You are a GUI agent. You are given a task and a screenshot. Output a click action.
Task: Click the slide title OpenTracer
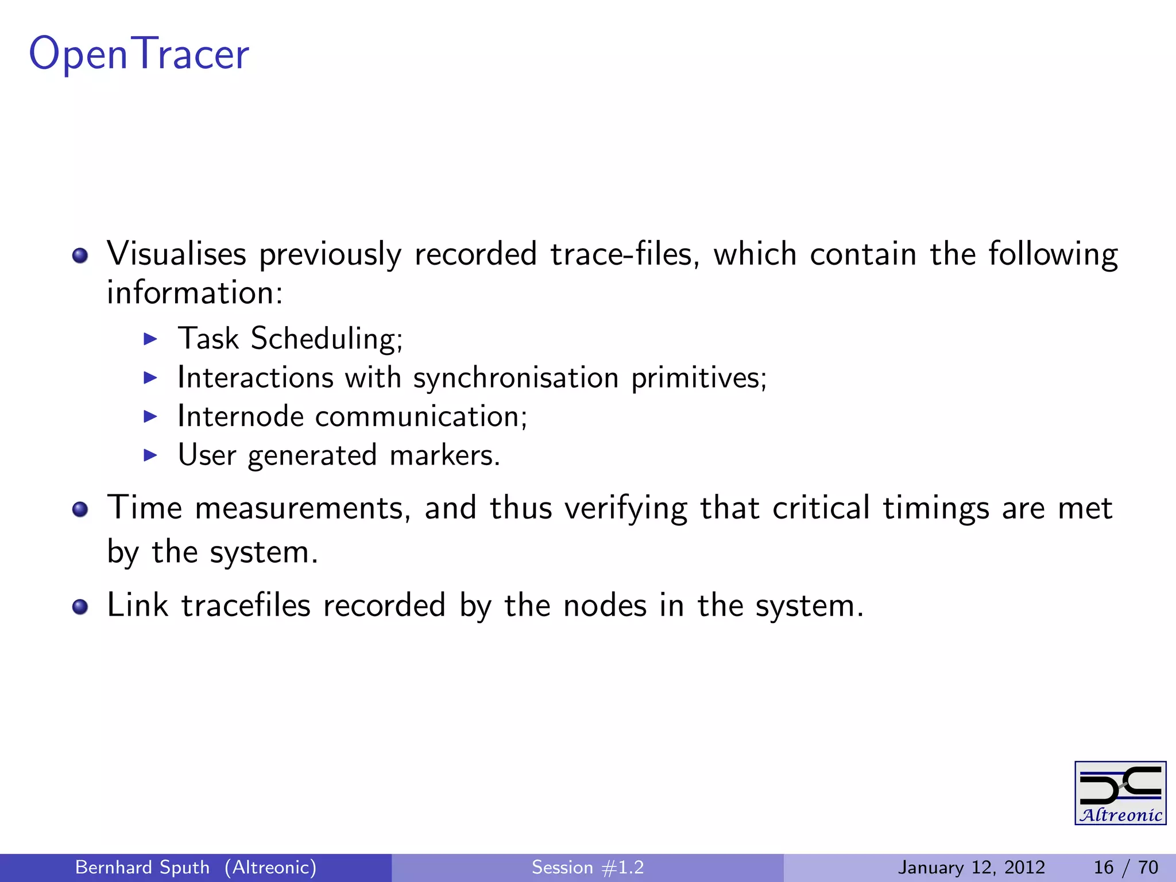(x=139, y=54)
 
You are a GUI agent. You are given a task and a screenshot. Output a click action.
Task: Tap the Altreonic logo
(x=1120, y=793)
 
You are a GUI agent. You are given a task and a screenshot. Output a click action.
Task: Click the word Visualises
(x=176, y=254)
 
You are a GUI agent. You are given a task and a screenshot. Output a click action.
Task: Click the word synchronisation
(x=516, y=378)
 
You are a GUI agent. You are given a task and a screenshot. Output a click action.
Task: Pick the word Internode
(x=240, y=416)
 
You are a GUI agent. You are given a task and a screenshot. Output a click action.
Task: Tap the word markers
(x=444, y=455)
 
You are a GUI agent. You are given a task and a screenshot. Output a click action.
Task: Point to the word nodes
(x=605, y=606)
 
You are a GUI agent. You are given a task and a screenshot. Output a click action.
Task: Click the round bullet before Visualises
(x=80, y=256)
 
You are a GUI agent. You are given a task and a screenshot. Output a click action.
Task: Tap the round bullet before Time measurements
(x=80, y=509)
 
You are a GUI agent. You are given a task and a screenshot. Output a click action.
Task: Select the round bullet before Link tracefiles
(x=80, y=607)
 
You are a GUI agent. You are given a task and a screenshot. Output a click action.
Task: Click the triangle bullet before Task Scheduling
(x=150, y=339)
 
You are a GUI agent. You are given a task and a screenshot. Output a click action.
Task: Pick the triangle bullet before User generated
(x=150, y=456)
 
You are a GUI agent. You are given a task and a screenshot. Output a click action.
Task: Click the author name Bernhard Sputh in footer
(x=142, y=867)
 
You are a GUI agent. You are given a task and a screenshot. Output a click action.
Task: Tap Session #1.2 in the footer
(x=587, y=867)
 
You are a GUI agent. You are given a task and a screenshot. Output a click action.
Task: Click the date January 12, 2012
(x=971, y=867)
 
